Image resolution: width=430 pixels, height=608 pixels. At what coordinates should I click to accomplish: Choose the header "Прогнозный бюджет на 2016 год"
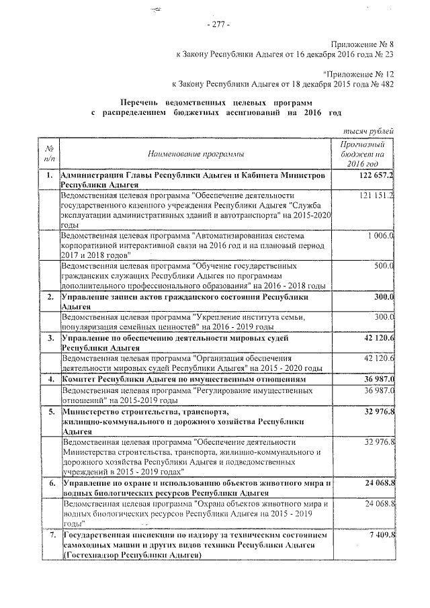(x=363, y=155)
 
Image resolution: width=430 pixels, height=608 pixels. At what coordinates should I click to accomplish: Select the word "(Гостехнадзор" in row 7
(x=88, y=556)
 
